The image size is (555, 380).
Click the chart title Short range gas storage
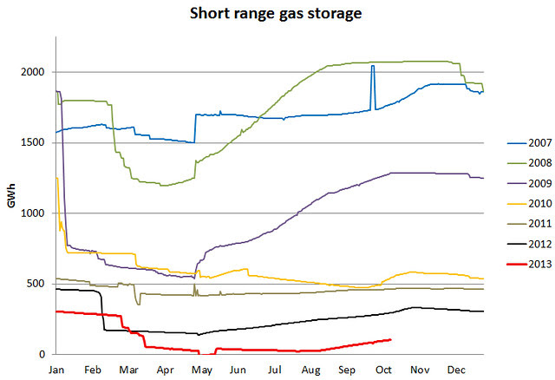(277, 15)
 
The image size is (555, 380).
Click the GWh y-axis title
(12, 196)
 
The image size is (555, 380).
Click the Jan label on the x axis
(56, 369)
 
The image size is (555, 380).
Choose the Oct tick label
(383, 369)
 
